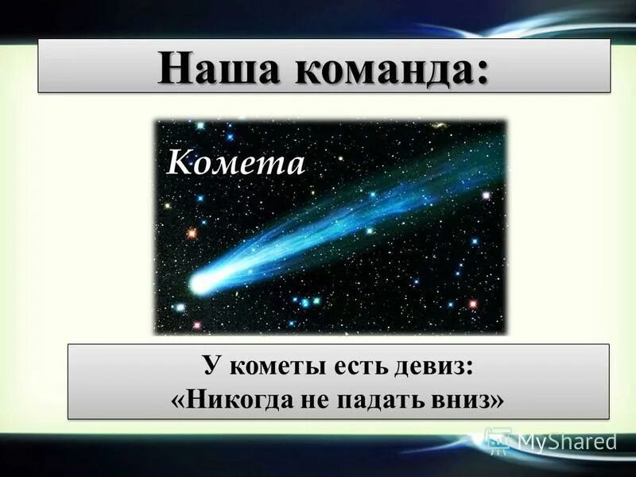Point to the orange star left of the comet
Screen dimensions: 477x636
[192, 233]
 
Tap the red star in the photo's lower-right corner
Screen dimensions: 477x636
[473, 304]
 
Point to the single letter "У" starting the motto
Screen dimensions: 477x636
[210, 367]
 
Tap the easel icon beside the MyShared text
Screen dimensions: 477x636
[498, 439]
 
